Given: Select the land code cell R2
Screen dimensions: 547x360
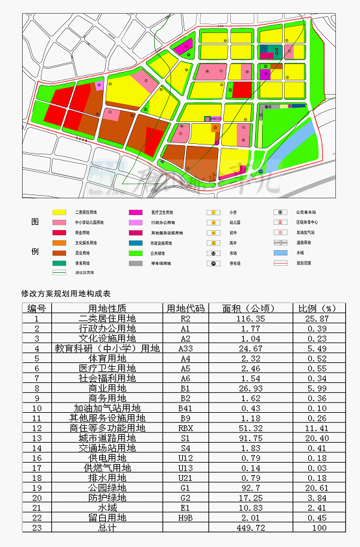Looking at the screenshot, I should click(x=186, y=319).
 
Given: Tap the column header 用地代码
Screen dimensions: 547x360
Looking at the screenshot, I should click(x=186, y=308).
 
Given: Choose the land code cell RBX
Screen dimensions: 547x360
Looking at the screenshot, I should click(x=186, y=428).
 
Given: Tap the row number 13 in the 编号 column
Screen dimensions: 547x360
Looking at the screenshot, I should click(x=37, y=438).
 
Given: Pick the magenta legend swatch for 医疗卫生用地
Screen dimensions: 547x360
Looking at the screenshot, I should click(x=135, y=212).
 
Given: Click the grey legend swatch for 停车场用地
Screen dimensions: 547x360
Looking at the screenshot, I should click(x=135, y=263).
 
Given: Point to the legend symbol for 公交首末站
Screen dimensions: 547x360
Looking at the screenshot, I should click(x=280, y=212).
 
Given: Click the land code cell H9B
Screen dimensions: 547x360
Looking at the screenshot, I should click(x=186, y=517).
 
